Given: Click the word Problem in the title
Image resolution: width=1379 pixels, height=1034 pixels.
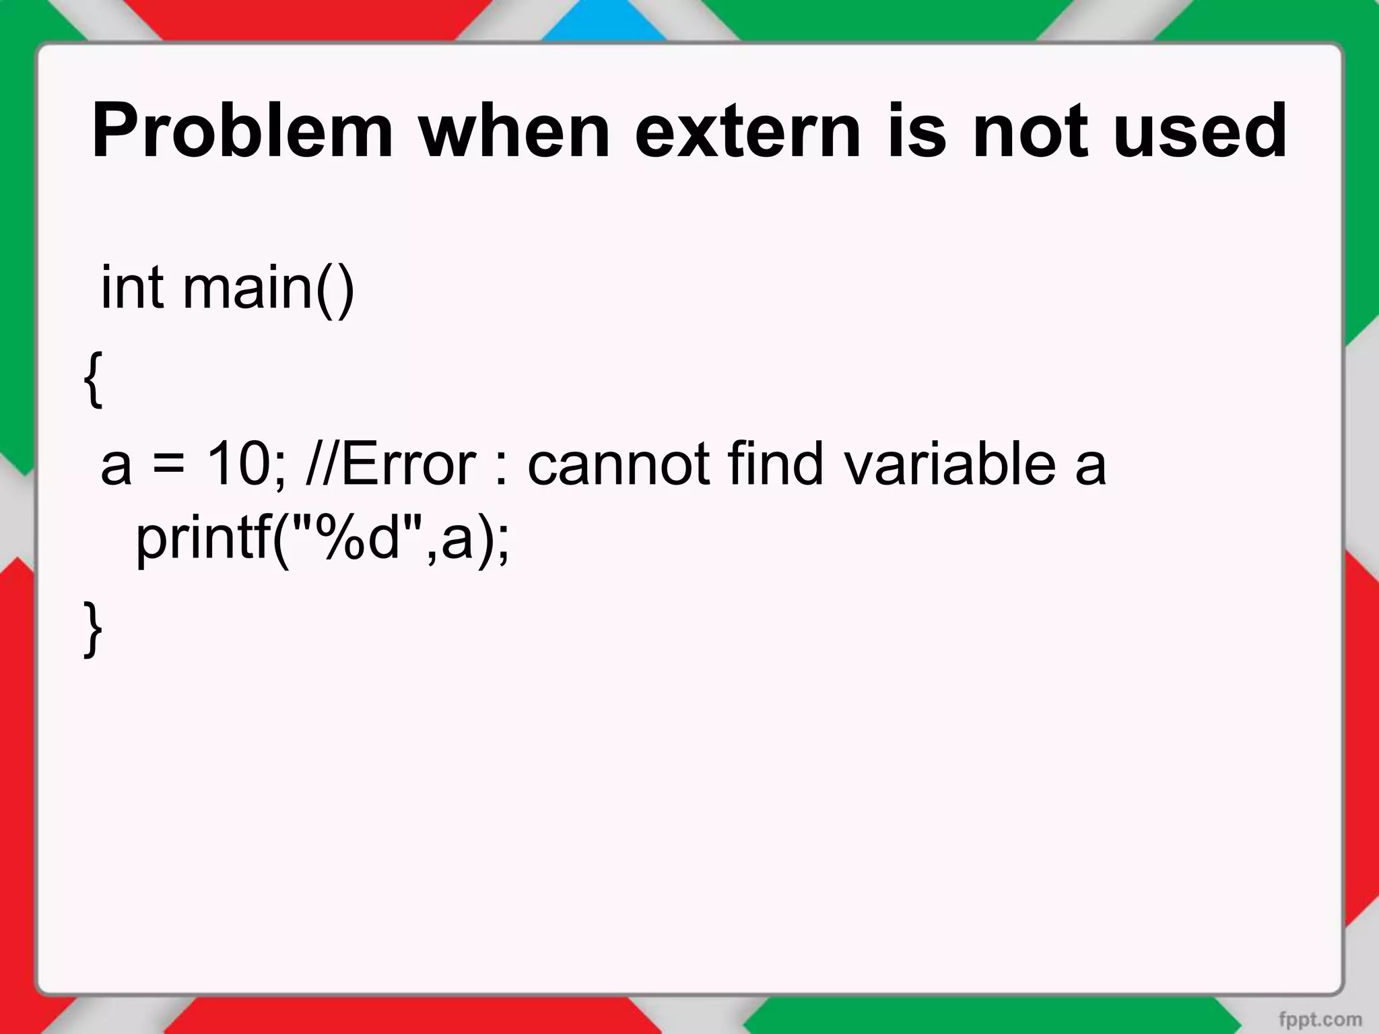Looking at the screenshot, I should [x=242, y=133].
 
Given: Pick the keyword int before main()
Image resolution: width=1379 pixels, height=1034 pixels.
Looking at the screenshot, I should [x=132, y=287].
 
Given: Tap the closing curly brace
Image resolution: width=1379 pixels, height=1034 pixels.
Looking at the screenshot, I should [x=93, y=627].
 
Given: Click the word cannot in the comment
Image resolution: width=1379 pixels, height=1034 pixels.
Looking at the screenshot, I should [x=617, y=464].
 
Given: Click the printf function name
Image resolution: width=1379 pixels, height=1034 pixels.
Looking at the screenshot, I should [x=202, y=540].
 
